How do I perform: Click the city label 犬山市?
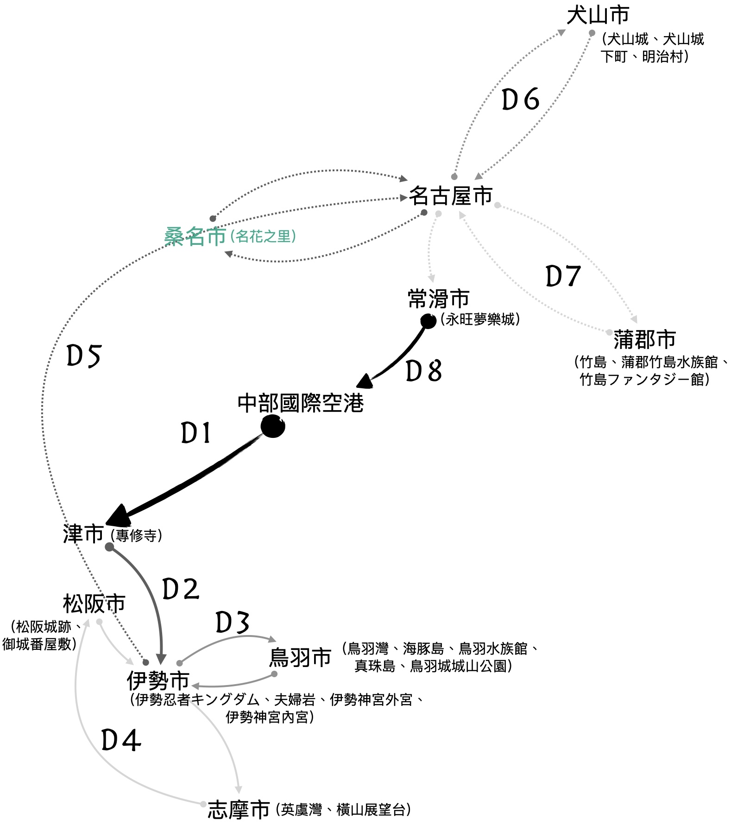598,16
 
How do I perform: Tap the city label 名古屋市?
450,196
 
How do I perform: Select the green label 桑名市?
195,237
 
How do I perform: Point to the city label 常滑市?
438,299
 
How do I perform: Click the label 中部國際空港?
301,403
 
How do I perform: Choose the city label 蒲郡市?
644,340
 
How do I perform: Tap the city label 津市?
83,534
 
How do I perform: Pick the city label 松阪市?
94,604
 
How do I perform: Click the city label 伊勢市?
158,680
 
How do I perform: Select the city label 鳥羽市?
300,657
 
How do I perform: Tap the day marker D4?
121,741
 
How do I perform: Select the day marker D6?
521,99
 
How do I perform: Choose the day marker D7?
563,276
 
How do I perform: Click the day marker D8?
423,371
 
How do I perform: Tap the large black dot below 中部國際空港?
273,426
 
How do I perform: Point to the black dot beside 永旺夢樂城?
428,321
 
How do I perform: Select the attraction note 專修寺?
137,536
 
